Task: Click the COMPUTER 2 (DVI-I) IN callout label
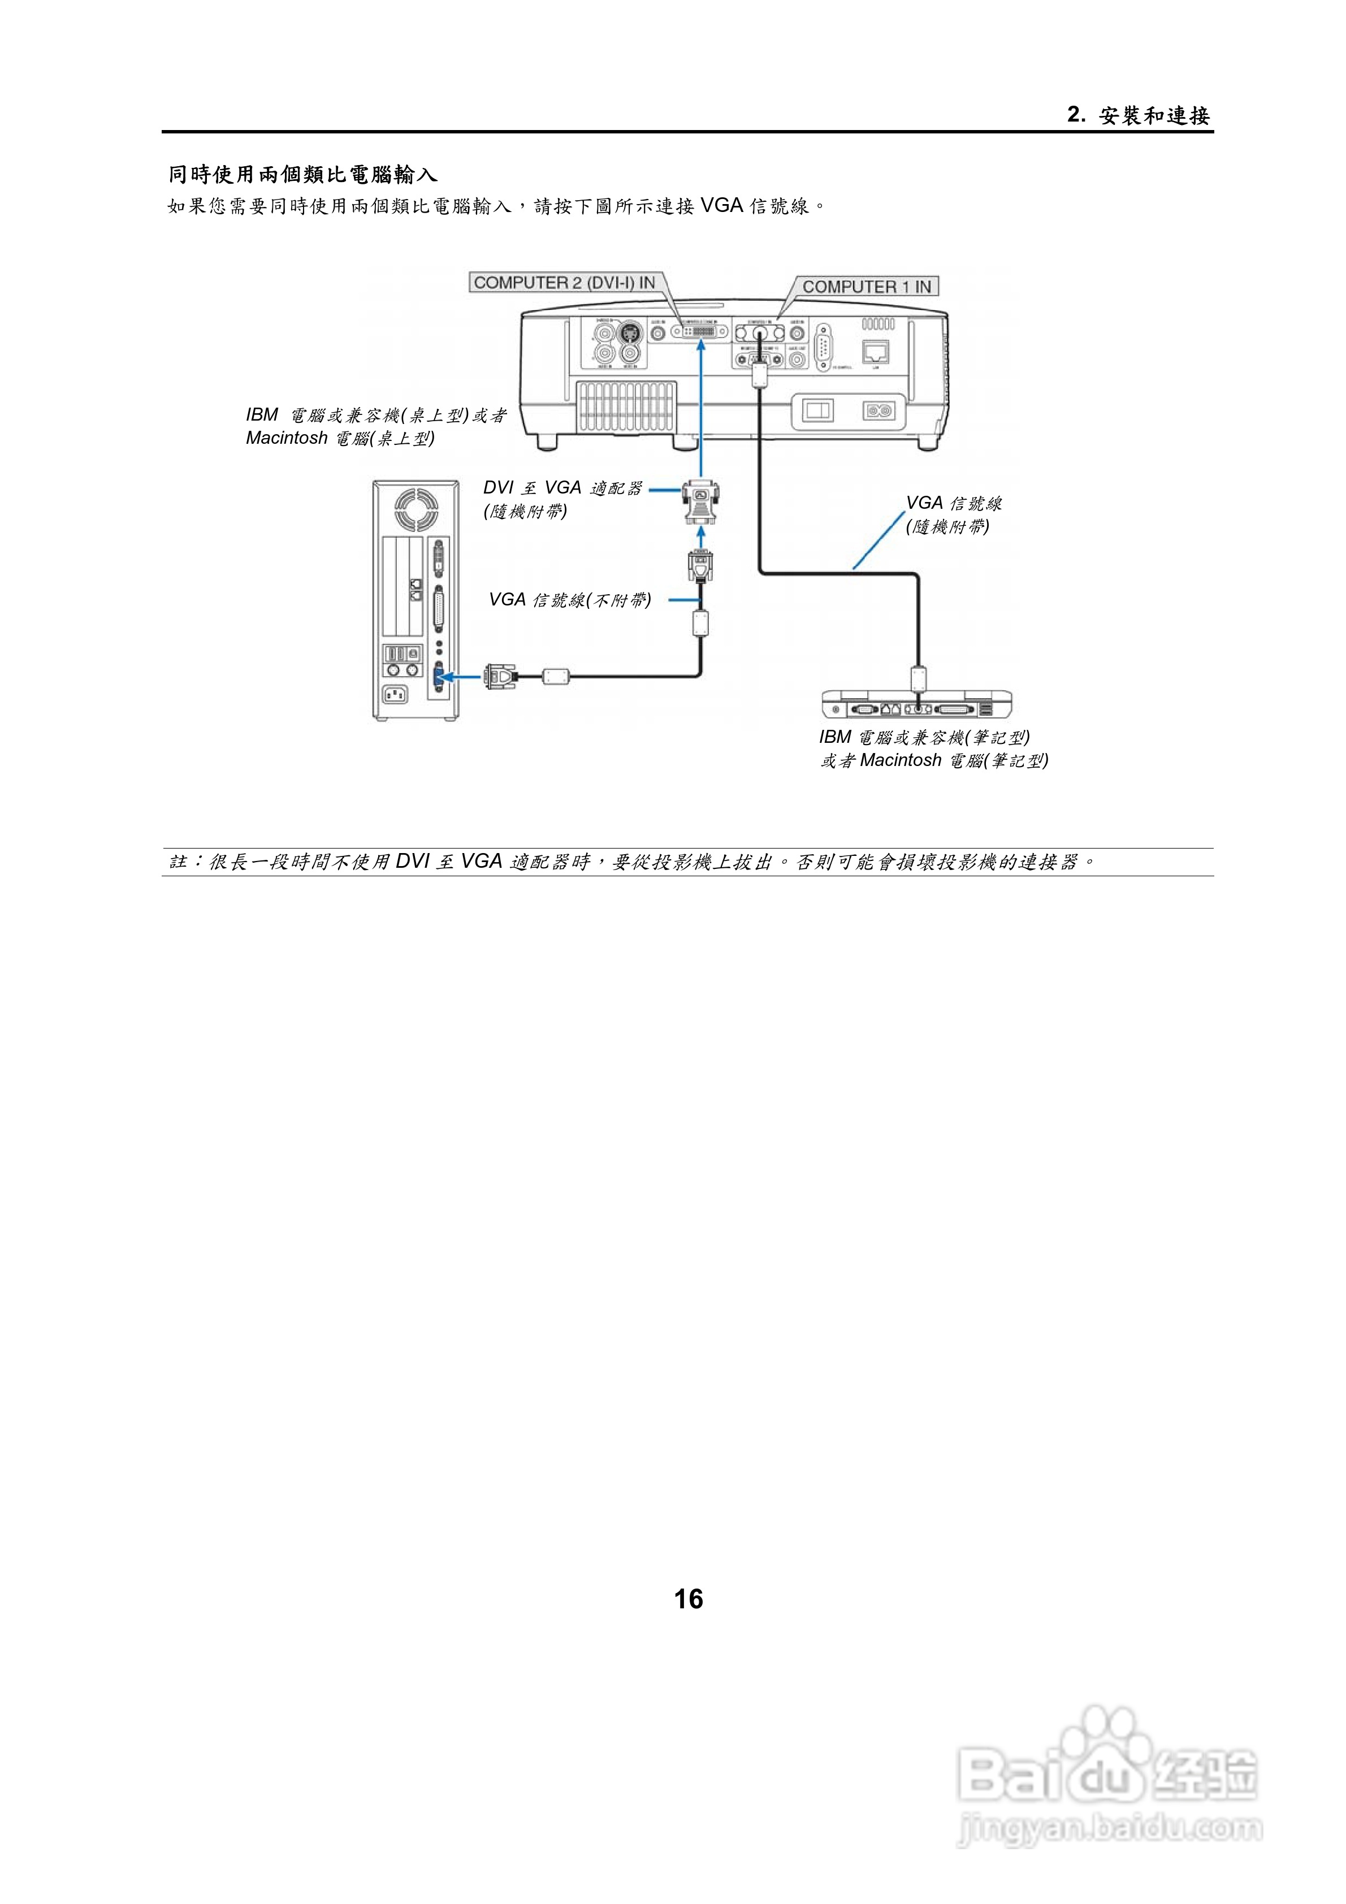coord(565,283)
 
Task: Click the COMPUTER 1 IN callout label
coord(867,287)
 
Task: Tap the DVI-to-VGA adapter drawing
coord(701,501)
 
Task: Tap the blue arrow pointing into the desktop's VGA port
coord(460,677)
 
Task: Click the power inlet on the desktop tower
coord(395,694)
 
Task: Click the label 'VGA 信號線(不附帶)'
coord(570,600)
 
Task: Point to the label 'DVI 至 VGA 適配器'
coord(562,488)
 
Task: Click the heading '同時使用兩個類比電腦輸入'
coord(302,175)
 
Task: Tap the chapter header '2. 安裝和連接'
coord(1139,115)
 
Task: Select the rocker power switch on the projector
coord(817,410)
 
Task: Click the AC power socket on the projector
coord(878,410)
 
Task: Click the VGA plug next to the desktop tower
coord(500,677)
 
